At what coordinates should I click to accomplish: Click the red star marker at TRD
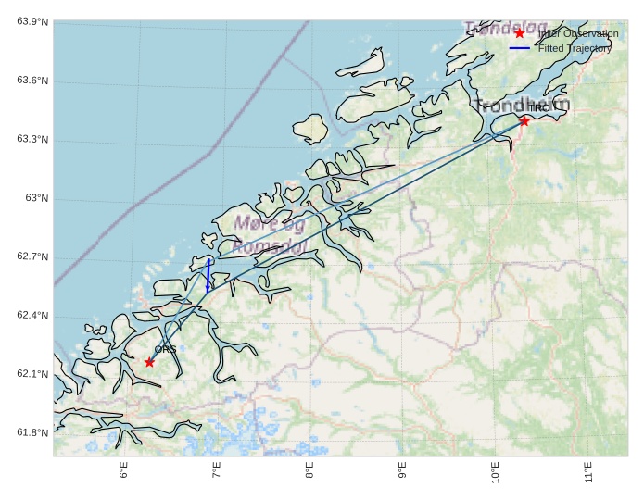[524, 120]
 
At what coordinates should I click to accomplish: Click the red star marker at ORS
[149, 362]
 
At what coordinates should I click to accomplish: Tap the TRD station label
[538, 108]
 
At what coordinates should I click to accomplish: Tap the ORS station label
[165, 349]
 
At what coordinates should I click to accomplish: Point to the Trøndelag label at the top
[506, 29]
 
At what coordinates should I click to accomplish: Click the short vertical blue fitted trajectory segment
[208, 275]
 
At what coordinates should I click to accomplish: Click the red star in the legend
[520, 33]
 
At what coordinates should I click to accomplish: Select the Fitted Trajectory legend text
[575, 48]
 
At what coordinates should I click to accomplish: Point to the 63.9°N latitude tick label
[32, 21]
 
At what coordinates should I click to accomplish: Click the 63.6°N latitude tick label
[32, 81]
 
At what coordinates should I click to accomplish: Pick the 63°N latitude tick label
[36, 198]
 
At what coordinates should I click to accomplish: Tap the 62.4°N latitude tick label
[32, 316]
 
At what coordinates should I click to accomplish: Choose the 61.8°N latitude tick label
[32, 433]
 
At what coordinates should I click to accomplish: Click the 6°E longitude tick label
[124, 471]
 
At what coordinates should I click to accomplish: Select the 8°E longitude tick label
[309, 471]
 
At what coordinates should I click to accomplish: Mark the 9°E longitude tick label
[402, 471]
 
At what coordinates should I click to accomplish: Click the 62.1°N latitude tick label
[32, 374]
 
